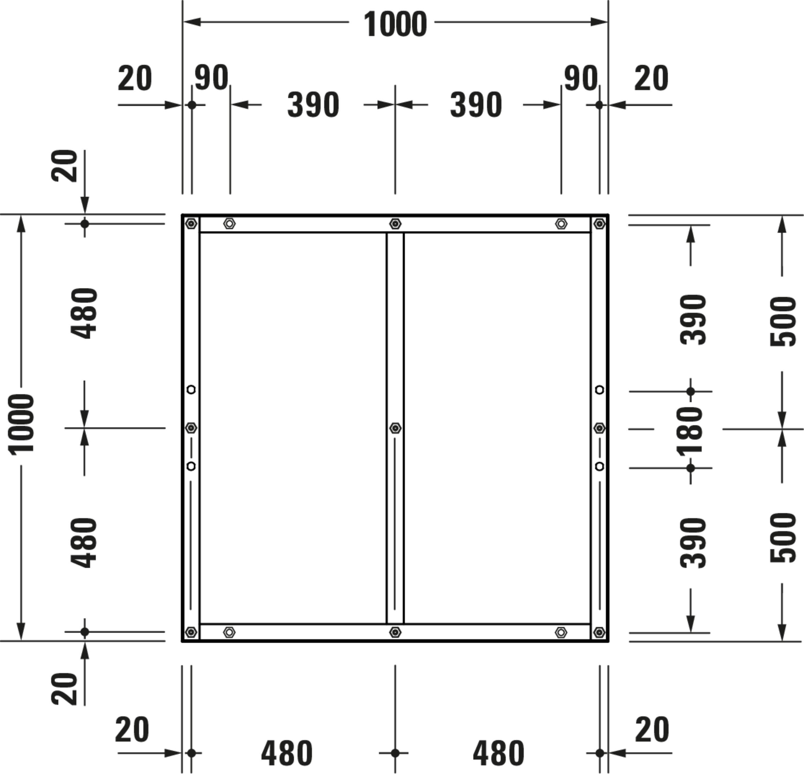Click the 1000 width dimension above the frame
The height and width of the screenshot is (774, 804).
(395, 24)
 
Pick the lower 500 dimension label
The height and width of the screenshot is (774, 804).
(782, 538)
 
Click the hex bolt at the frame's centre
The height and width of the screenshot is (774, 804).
(395, 428)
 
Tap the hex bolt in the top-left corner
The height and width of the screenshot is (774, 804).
(191, 224)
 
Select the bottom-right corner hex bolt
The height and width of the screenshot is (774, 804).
(599, 632)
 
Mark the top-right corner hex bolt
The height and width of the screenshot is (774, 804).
(599, 224)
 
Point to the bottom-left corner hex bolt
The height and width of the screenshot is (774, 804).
(191, 632)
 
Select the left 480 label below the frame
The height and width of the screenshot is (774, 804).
(287, 753)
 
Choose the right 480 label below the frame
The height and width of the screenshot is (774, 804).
(498, 753)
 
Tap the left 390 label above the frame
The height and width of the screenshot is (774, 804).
(313, 105)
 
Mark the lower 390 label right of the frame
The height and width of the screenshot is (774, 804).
(693, 543)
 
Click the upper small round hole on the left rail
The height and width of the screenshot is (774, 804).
(191, 390)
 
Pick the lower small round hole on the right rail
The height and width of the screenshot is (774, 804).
(599, 466)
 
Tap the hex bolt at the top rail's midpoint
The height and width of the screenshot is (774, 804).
(395, 224)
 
